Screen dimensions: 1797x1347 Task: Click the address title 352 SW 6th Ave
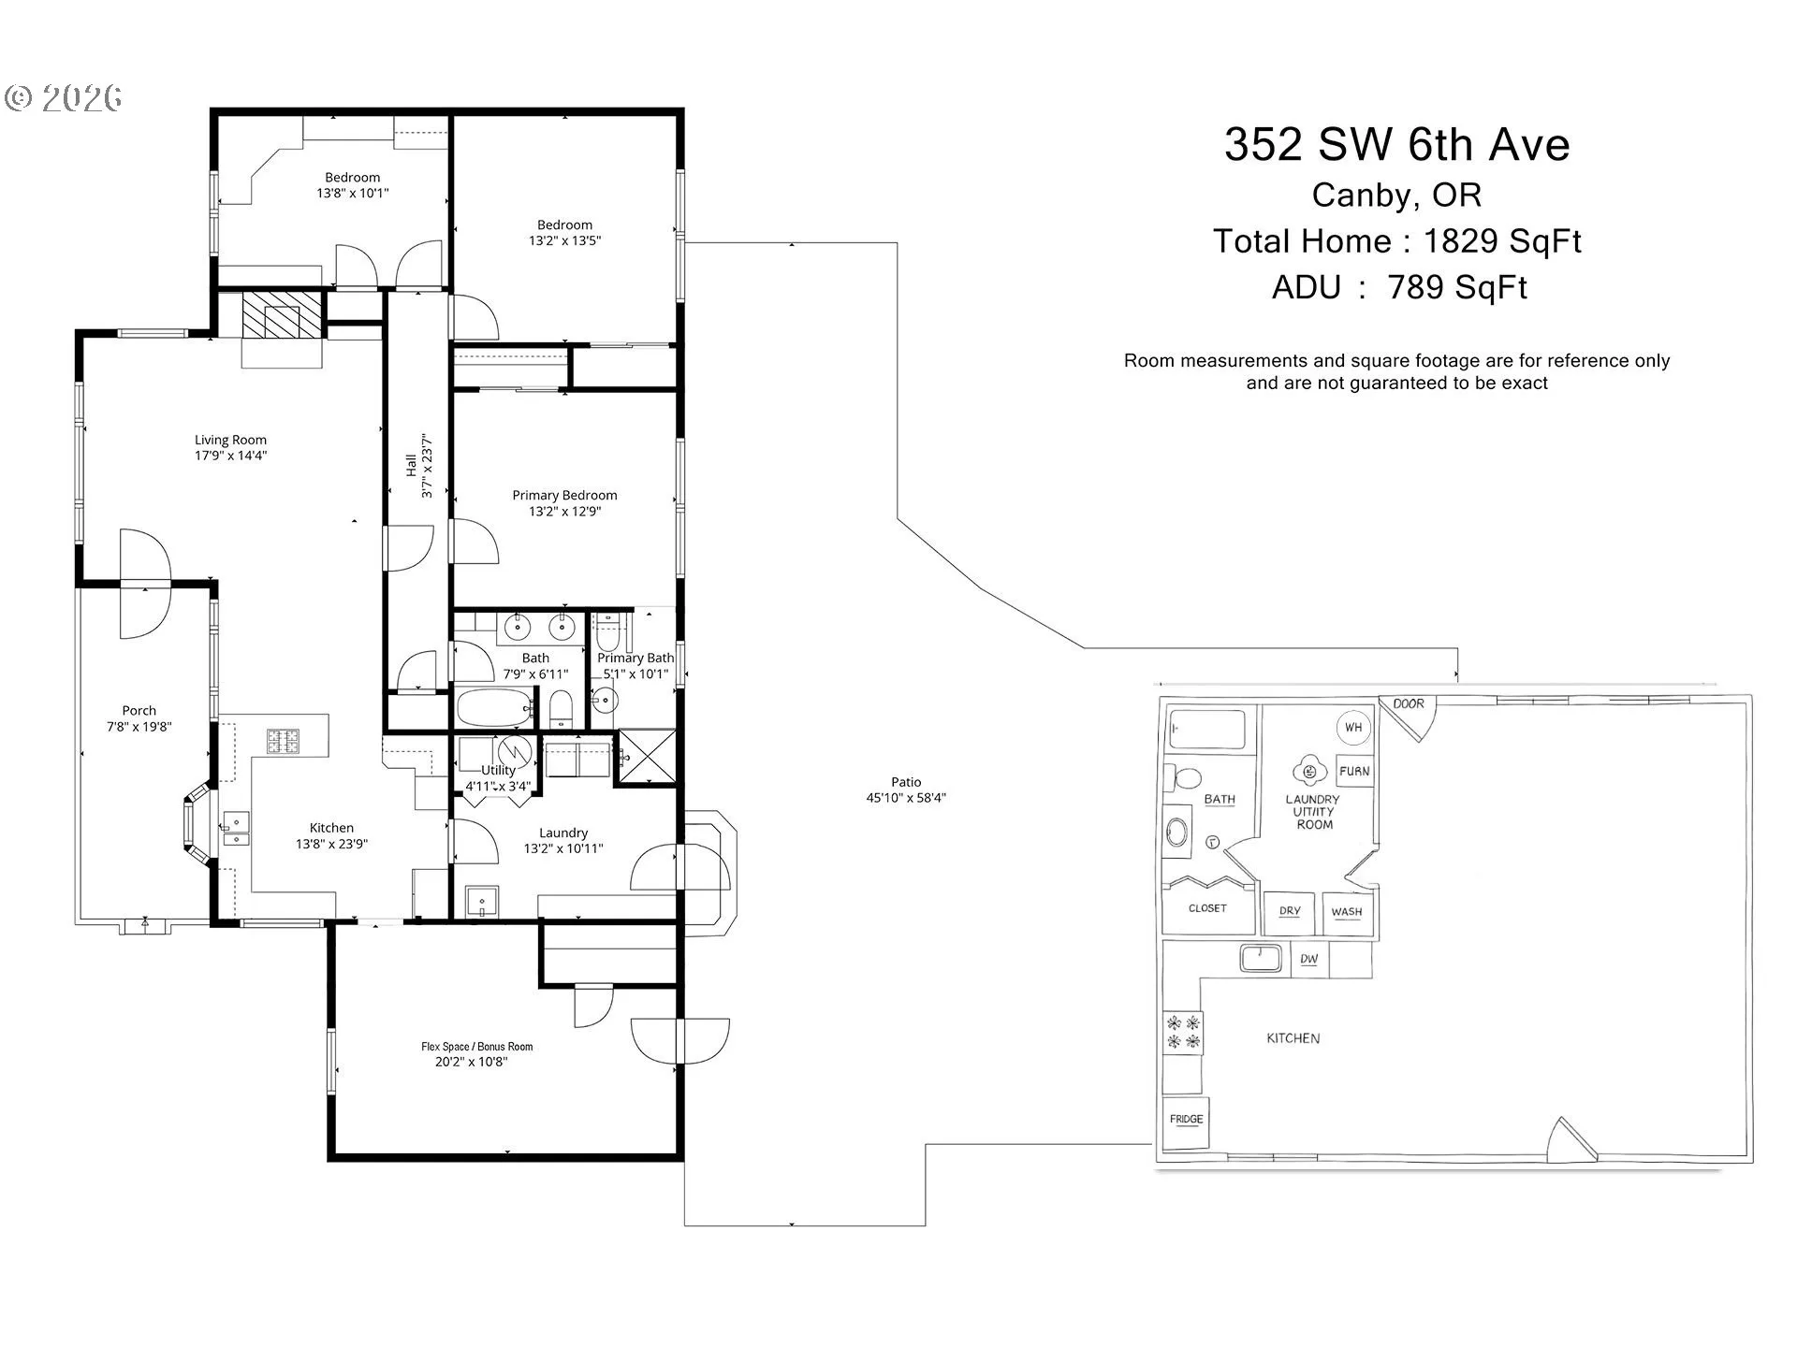(1396, 145)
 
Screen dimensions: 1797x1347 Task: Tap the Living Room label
(230, 440)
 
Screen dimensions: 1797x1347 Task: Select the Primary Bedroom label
(564, 495)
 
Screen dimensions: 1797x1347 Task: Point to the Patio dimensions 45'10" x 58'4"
(906, 798)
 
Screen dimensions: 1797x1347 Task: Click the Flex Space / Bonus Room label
(476, 1047)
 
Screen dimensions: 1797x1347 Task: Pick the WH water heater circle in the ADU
(1353, 727)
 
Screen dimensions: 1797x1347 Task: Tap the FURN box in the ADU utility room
(1354, 772)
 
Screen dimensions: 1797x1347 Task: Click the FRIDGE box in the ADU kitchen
(1186, 1120)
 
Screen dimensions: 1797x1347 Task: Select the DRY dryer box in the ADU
(1290, 912)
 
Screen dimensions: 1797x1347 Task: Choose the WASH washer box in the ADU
(1347, 912)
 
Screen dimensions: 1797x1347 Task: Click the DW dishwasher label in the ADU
(1309, 959)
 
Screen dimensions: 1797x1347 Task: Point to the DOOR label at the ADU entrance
(1409, 704)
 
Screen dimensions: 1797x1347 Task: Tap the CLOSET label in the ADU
(1207, 908)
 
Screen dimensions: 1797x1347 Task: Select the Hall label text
(411, 465)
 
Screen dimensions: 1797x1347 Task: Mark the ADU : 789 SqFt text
(1399, 287)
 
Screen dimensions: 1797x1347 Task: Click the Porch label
(139, 711)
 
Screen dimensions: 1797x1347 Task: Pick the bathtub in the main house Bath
(494, 709)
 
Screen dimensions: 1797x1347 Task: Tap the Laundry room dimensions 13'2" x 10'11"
(563, 848)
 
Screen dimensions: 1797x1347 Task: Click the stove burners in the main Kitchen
(283, 741)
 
